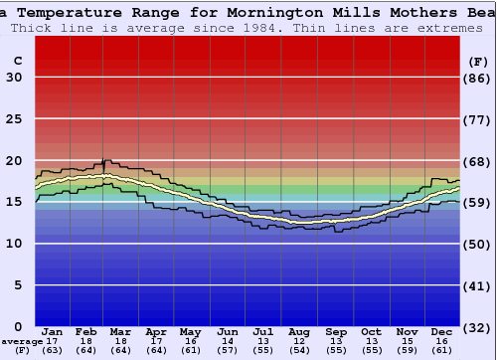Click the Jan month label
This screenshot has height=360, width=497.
point(53,331)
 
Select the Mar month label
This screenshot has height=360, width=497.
point(121,331)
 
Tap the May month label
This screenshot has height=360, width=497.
point(190,331)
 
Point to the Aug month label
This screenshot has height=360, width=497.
point(299,331)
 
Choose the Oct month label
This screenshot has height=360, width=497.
point(371,331)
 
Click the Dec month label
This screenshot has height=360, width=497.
point(442,331)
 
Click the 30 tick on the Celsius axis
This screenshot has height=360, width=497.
point(14,78)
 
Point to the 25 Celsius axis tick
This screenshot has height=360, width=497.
point(14,119)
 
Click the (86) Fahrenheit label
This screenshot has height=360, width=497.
point(478,78)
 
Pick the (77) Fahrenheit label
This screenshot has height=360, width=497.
point(478,119)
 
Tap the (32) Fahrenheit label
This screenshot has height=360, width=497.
point(478,326)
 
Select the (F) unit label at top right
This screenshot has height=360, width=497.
point(478,61)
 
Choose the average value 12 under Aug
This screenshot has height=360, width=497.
point(299,340)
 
